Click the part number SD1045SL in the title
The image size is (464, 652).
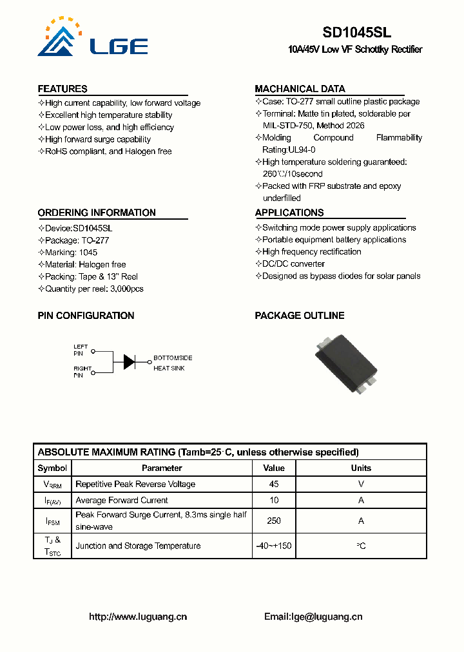[356, 32]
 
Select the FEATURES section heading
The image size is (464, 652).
[63, 89]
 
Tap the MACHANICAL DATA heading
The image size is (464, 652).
[300, 89]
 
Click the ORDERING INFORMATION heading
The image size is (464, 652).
[97, 213]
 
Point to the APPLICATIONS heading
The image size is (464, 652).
[289, 213]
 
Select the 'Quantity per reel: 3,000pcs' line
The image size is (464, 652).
[94, 289]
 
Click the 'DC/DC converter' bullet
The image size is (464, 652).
[293, 264]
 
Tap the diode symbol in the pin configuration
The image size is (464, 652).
[130, 361]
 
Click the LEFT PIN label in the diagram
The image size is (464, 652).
[80, 350]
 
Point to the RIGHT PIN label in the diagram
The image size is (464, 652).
[82, 372]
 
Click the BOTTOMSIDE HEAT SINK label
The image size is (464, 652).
[172, 363]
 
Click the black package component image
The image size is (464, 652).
[347, 361]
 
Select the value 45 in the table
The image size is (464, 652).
[274, 484]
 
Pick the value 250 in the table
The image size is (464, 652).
[274, 521]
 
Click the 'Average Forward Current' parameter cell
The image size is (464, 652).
[122, 500]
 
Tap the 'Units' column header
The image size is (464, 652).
[361, 468]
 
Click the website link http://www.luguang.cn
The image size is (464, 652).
[138, 617]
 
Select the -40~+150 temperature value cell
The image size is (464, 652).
[274, 546]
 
